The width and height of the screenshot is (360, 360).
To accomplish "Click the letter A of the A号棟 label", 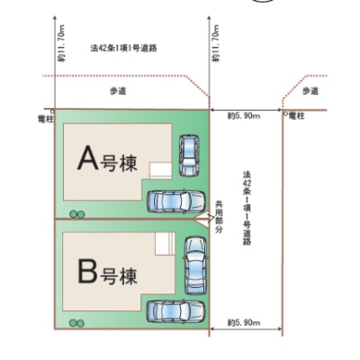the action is [x=88, y=157].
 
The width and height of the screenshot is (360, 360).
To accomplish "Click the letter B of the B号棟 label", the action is [x=87, y=272].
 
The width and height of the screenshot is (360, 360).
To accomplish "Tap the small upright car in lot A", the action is [x=189, y=156].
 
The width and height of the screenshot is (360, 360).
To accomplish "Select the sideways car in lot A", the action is [x=176, y=202].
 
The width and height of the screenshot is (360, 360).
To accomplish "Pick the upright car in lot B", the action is [x=195, y=265].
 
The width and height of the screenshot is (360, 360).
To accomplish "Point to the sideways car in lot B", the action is [x=175, y=311].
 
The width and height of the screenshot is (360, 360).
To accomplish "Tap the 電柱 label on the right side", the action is [x=296, y=116].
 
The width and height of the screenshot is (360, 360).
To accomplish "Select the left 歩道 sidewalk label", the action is [x=118, y=91].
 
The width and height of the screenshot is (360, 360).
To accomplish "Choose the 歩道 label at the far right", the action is [x=310, y=91].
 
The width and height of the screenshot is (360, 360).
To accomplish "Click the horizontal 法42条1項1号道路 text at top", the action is [x=123, y=48].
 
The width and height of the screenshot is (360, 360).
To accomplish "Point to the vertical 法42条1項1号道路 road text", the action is [x=247, y=209].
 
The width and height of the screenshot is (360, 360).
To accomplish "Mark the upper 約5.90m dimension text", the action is [x=244, y=116].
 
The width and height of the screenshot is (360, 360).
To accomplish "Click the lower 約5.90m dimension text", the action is [x=244, y=323].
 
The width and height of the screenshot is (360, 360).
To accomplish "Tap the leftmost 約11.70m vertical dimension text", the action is [x=61, y=43].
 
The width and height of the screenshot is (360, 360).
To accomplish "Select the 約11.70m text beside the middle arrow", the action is [x=216, y=43].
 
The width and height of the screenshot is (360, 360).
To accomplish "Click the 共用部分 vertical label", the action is [x=220, y=218].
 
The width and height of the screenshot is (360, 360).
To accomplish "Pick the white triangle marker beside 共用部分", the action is [x=204, y=220].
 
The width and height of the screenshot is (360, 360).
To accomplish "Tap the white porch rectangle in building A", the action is [x=161, y=171].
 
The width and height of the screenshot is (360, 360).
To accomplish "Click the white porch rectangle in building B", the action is [x=165, y=243].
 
